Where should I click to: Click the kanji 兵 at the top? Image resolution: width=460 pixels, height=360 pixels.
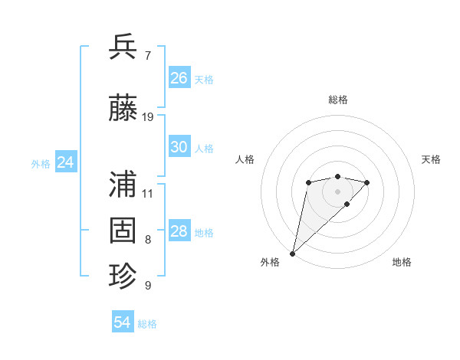(123, 47)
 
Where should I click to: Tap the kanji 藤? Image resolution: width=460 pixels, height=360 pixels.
(123, 108)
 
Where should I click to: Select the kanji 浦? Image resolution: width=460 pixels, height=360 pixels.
(123, 184)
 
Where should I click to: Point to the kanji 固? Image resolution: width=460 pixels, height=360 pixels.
(123, 230)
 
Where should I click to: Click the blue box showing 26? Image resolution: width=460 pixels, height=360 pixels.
(179, 78)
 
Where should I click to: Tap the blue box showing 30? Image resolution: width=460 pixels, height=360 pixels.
(179, 148)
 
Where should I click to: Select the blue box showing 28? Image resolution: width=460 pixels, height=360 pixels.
(179, 231)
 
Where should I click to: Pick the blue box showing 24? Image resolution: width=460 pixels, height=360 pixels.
(66, 162)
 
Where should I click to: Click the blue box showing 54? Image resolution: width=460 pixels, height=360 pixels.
(123, 322)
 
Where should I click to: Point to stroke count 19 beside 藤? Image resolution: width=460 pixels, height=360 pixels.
(148, 116)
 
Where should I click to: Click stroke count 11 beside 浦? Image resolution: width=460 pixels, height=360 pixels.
(148, 193)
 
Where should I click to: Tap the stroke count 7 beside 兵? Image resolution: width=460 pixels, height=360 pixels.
(148, 56)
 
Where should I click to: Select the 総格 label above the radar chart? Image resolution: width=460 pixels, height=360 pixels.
(338, 100)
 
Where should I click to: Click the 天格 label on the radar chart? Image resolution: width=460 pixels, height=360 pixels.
(431, 159)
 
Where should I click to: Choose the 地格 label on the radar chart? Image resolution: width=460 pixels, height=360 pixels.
(402, 262)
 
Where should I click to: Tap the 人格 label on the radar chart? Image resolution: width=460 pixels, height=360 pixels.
(245, 159)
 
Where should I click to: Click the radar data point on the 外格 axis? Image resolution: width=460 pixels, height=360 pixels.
(292, 253)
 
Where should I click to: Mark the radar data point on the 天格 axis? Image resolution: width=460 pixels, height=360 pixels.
(367, 182)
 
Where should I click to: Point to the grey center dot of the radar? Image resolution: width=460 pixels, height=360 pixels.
(338, 191)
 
